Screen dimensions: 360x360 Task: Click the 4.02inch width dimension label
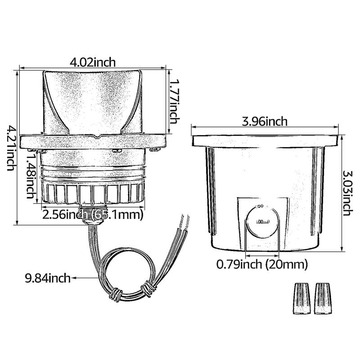click(93, 62)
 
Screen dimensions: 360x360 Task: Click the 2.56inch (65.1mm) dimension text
click(92, 214)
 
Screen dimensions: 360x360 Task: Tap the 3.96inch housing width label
click(265, 121)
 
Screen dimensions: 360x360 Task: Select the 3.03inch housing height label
click(347, 193)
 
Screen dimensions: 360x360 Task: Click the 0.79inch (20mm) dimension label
click(262, 265)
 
